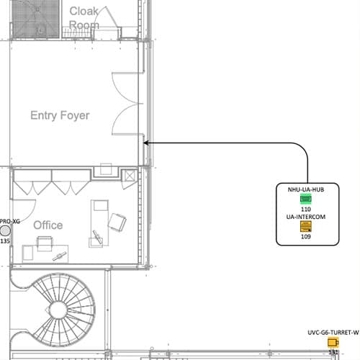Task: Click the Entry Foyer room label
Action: point(60,115)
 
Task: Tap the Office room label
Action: point(48,225)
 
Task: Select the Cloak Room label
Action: point(84,18)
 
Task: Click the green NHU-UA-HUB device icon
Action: point(306,199)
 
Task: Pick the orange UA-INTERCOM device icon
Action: point(306,227)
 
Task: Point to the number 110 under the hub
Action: point(306,209)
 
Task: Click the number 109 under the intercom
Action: point(306,236)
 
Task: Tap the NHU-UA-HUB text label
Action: point(306,189)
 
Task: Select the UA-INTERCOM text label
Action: point(306,217)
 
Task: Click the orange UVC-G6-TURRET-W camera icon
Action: point(333,342)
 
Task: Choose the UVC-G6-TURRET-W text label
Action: point(333,333)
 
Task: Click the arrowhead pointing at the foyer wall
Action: point(145,143)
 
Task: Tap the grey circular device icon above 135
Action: point(5,230)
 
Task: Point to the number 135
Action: point(5,240)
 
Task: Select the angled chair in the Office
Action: point(117,222)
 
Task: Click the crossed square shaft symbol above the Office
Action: point(130,176)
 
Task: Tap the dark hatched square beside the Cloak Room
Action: point(35,19)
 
